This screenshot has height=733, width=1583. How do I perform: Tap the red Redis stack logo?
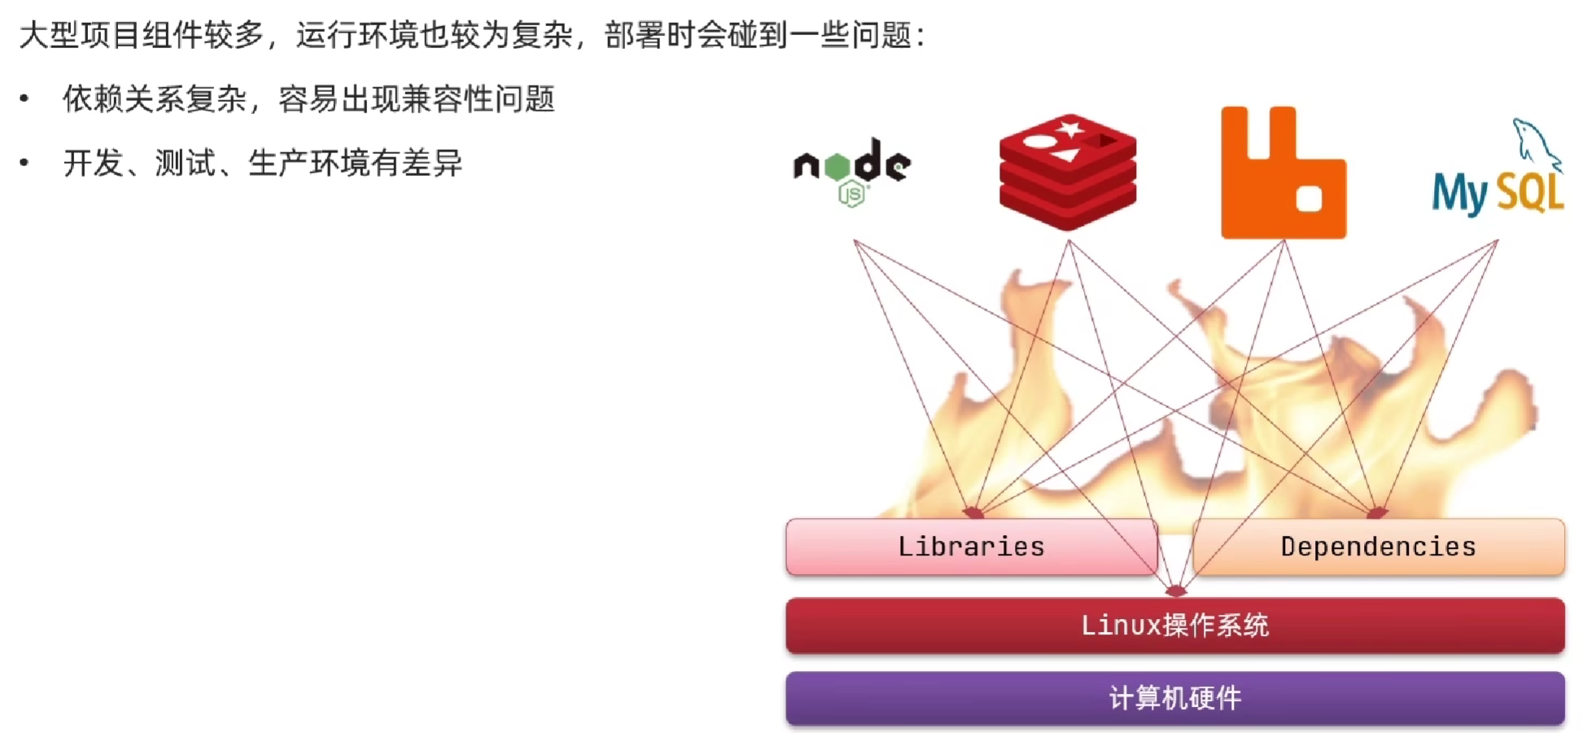pyautogui.click(x=1068, y=172)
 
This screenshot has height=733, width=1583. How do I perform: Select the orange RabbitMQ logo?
pyautogui.click(x=1283, y=172)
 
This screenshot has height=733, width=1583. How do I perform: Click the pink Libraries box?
pyautogui.click(x=971, y=546)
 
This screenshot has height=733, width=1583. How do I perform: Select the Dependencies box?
pyautogui.click(x=1378, y=546)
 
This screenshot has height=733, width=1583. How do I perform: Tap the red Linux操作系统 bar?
pyautogui.click(x=1175, y=625)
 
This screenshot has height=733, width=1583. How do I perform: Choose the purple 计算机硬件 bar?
pyautogui.click(x=1175, y=698)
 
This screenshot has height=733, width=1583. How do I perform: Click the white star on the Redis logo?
pyautogui.click(x=1070, y=129)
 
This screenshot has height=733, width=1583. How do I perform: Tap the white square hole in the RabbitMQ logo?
pyautogui.click(x=1309, y=199)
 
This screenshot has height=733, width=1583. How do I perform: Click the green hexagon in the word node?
pyautogui.click(x=837, y=166)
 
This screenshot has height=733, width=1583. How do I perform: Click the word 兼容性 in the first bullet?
pyautogui.click(x=448, y=99)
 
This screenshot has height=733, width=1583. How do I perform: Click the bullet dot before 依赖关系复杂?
pyautogui.click(x=24, y=99)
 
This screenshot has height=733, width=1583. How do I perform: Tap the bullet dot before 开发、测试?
pyautogui.click(x=24, y=163)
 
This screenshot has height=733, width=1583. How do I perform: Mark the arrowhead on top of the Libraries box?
pyautogui.click(x=973, y=513)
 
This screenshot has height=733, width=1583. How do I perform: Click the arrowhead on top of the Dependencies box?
pyautogui.click(x=1376, y=513)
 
